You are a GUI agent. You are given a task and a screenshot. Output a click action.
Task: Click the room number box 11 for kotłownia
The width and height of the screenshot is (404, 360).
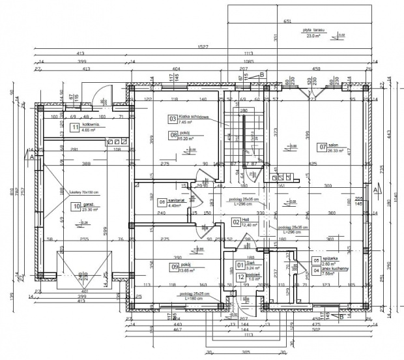(76, 127)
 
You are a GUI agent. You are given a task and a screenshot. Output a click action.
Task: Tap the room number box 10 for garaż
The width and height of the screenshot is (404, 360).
(76, 207)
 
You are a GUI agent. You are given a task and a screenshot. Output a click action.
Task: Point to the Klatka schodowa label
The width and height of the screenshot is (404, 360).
(194, 117)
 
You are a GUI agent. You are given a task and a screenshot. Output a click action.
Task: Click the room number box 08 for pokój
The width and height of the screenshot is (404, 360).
(174, 135)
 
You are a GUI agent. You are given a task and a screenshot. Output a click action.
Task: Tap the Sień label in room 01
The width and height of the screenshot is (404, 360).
(248, 263)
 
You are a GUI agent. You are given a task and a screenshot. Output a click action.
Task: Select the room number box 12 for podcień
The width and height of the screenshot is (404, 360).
(240, 276)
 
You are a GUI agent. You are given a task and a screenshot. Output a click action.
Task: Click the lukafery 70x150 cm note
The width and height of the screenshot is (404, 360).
(83, 192)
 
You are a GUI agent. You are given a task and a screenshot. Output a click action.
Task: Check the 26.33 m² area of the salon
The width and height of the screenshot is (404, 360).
(336, 151)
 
